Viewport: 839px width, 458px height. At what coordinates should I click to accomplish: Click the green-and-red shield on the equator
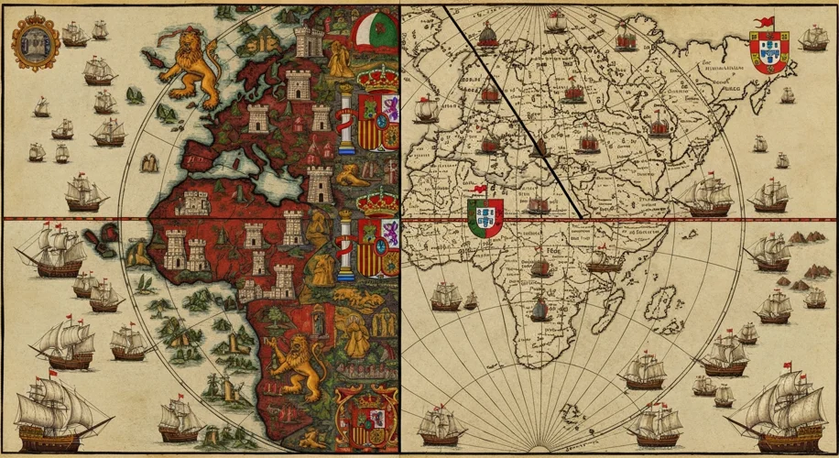click(x=485, y=217)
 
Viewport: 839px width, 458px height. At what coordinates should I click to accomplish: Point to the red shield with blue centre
click(x=768, y=52)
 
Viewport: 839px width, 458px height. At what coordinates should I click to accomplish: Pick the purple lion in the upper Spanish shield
click(x=389, y=108)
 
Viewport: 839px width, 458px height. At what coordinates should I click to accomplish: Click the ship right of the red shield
click(x=812, y=38)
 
